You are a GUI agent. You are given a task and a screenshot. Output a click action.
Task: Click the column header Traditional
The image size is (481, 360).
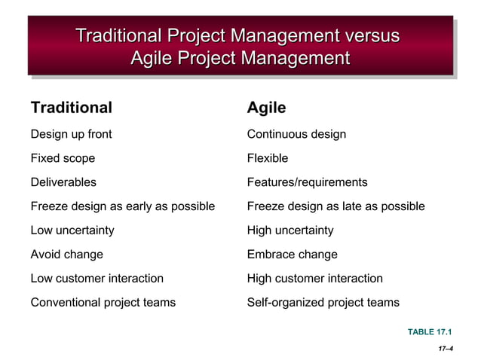[x=71, y=108]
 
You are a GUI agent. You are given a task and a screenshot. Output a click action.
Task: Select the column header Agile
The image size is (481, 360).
[x=266, y=108]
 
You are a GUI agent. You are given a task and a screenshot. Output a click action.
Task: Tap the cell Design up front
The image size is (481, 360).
[x=71, y=134]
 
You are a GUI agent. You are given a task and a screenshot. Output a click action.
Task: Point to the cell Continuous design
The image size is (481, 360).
[x=296, y=134]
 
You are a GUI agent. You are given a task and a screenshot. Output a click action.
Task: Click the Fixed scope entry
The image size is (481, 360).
[x=63, y=158]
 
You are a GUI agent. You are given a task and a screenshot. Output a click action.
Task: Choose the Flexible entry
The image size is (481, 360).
[x=267, y=158]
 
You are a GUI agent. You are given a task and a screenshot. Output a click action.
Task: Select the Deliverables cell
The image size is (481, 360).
[x=63, y=182]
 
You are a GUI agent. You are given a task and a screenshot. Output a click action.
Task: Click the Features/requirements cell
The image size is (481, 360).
[x=307, y=182]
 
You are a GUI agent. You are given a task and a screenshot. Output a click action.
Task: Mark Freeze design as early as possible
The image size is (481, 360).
[x=122, y=206]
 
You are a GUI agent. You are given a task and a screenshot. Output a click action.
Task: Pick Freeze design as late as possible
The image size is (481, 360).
[x=335, y=206]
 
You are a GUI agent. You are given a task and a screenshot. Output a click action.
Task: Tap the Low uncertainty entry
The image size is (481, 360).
[x=72, y=230]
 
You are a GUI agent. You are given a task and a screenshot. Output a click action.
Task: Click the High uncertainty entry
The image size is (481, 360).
[x=290, y=230]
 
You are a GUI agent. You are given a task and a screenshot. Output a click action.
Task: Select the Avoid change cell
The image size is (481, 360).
[x=66, y=255]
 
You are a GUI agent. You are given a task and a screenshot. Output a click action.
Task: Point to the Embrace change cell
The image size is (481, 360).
[x=292, y=255]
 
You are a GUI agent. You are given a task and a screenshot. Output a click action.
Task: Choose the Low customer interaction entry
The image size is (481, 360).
[x=97, y=279]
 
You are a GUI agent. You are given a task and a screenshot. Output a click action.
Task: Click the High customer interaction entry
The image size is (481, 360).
[x=314, y=279]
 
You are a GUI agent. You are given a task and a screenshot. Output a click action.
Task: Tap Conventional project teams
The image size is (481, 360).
[x=103, y=303]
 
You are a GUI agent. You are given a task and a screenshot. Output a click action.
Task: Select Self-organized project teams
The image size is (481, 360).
[x=323, y=303]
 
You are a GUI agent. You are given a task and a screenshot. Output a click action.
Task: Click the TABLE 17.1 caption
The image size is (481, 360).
[x=430, y=331]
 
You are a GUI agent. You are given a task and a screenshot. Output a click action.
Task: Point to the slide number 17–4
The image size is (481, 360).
[x=445, y=349]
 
